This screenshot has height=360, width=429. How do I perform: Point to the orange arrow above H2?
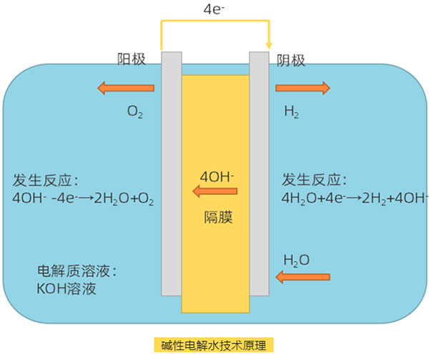coord(302,88)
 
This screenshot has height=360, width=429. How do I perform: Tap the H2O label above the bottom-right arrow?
coord(297,260)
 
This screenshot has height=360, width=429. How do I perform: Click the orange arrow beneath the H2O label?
coord(303,276)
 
